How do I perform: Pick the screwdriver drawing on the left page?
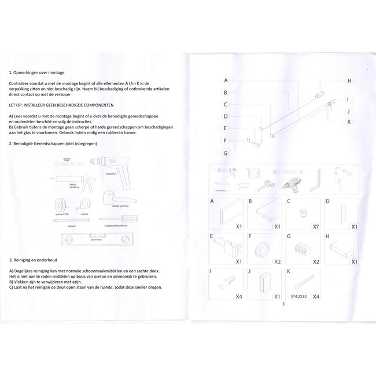tap(119, 219)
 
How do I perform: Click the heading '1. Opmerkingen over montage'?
tap(37, 73)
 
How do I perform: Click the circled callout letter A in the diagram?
tap(226, 80)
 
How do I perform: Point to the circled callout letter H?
tap(349, 80)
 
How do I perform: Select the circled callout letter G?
tap(226, 153)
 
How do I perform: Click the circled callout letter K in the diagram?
tap(349, 121)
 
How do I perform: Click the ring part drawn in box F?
tap(263, 249)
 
